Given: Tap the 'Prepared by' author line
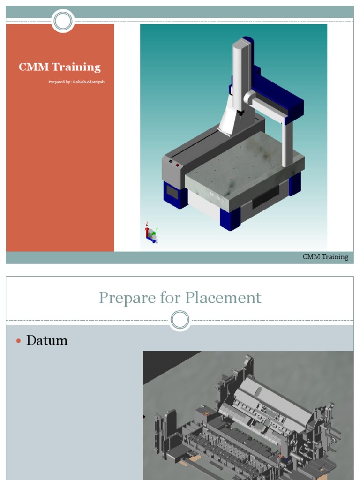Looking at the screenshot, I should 76,82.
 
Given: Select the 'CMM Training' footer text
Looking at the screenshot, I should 325,257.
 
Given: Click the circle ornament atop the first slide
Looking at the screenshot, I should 63,21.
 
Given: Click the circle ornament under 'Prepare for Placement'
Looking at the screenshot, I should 180,320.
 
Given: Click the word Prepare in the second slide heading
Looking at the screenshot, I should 124,298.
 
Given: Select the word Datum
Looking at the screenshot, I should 47,340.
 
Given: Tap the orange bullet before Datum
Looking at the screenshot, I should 19,341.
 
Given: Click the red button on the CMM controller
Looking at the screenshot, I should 177,165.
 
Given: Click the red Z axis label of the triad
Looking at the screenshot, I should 147,224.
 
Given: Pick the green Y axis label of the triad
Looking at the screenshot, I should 157,230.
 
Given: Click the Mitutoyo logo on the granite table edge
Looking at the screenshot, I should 216,194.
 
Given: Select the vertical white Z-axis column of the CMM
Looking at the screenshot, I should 241,75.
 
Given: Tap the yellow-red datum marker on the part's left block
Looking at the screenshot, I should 206,414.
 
